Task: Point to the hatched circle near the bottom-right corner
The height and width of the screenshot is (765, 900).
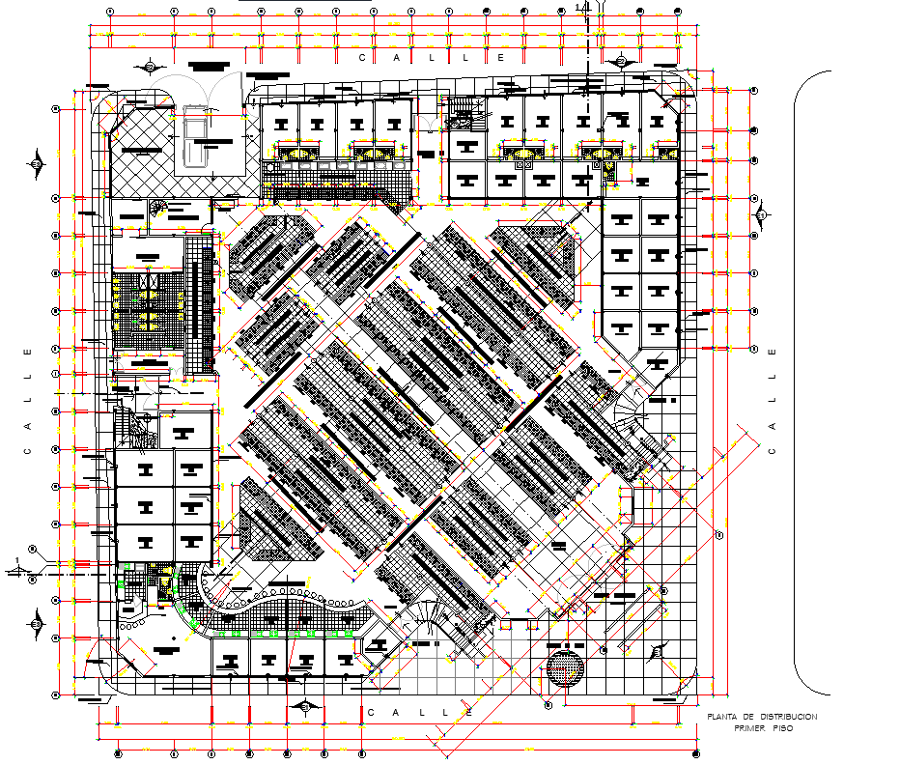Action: pyautogui.click(x=565, y=667)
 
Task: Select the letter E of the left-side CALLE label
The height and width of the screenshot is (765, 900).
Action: pyautogui.click(x=27, y=350)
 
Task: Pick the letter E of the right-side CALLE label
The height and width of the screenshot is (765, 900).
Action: pyautogui.click(x=772, y=353)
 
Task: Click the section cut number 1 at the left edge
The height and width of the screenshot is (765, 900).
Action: pyautogui.click(x=18, y=560)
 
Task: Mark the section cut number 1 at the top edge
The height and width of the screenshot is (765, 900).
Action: pyautogui.click(x=577, y=8)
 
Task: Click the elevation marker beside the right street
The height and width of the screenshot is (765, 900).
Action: pyautogui.click(x=761, y=214)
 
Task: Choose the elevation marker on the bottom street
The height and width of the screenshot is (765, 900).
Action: pyautogui.click(x=306, y=706)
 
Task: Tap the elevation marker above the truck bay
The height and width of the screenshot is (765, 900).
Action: pyautogui.click(x=152, y=66)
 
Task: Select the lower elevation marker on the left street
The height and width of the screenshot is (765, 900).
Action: pyautogui.click(x=36, y=623)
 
